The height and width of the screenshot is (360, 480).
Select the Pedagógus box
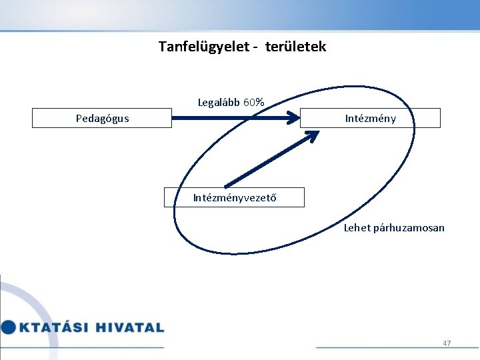tap(102, 118)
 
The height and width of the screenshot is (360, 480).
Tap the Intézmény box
tap(370, 118)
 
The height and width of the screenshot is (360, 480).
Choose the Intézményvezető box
tap(234, 197)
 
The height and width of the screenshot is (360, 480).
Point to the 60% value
tap(253, 103)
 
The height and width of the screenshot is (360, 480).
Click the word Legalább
tap(219, 103)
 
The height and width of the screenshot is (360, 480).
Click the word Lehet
tap(357, 228)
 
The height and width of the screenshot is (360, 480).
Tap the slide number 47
tap(447, 343)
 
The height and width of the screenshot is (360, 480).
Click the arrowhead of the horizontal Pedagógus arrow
tap(293, 118)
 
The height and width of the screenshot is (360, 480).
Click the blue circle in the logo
tap(8, 327)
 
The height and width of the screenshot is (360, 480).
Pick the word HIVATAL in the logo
tap(129, 327)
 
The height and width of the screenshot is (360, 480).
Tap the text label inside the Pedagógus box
tap(102, 119)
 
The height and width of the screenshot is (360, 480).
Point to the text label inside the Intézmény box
tap(370, 119)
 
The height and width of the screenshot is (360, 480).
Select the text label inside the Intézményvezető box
tap(234, 197)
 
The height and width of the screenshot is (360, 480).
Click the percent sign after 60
tap(260, 103)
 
